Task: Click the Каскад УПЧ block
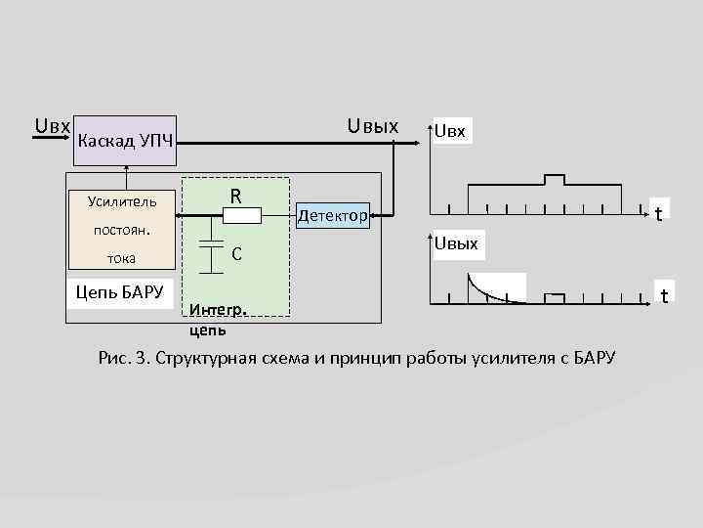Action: tap(125, 143)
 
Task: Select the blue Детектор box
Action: tap(332, 214)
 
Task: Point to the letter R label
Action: tap(236, 196)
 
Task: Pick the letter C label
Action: tap(236, 254)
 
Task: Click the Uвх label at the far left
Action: tap(52, 126)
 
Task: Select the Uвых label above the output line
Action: tap(373, 126)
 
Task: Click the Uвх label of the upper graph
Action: tap(452, 131)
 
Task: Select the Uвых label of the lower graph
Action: tap(456, 243)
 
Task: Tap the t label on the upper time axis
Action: tap(660, 213)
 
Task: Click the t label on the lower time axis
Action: tap(663, 295)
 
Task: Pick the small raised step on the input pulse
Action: tap(554, 180)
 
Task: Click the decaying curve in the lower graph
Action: tap(484, 290)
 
